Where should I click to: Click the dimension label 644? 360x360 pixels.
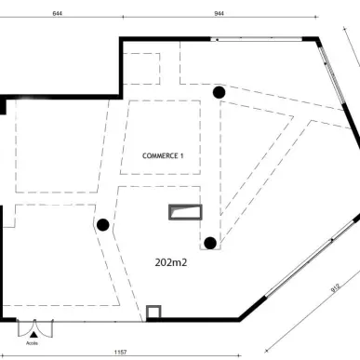58,13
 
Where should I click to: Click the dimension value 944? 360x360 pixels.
219,13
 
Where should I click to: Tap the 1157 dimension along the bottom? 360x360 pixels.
120,352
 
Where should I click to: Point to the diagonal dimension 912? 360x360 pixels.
335,287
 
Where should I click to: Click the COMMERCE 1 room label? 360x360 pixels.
163,155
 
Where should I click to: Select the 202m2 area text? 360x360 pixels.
171,262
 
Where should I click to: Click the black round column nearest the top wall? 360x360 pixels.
219,92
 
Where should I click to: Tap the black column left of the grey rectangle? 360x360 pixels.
103,225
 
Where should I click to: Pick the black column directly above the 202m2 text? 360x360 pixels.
210,243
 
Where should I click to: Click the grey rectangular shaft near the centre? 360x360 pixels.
185,212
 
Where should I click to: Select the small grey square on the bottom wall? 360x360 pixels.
153,312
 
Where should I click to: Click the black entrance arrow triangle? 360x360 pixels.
33,334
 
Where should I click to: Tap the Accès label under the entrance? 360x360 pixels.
32,343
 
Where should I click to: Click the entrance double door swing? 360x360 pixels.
35,328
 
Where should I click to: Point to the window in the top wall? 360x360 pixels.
256,39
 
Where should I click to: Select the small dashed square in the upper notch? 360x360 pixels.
141,69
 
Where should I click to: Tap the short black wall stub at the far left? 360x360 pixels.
3,105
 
